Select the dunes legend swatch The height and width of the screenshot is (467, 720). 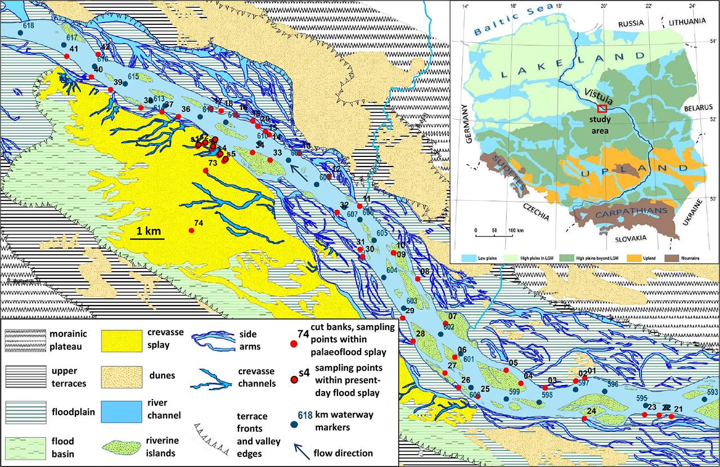click(x=119, y=378)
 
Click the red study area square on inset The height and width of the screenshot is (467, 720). click(x=602, y=107)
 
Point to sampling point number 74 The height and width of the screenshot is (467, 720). click(x=191, y=231)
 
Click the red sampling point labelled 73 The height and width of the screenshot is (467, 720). click(x=205, y=170)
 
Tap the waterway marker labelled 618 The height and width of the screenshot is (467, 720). click(x=20, y=33)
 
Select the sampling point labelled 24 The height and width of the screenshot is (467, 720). click(x=584, y=418)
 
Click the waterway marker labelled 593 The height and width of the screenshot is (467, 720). click(x=705, y=399)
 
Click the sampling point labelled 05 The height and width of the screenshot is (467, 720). click(x=506, y=370)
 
